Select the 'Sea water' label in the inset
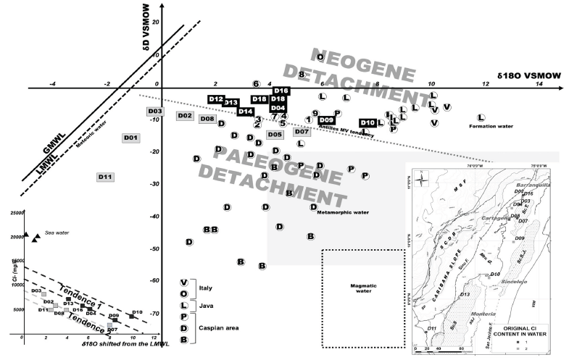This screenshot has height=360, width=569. (x=55, y=233)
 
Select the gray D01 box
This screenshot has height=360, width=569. (x=131, y=138)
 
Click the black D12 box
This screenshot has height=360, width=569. (x=216, y=99)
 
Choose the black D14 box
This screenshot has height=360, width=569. (x=245, y=112)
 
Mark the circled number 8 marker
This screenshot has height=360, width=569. (x=302, y=75)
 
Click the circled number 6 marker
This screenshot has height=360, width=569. (x=256, y=84)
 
